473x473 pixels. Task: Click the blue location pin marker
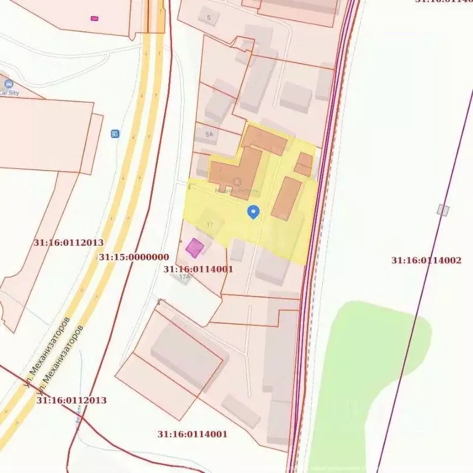coord(253,212)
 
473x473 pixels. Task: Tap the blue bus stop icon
coord(115,134)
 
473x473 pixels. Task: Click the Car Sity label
coord(10,92)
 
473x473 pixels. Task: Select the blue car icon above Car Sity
coord(8,84)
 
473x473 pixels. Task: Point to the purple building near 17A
coord(195,248)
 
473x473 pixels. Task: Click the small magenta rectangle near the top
coord(94,18)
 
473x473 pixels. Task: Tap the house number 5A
coord(209,134)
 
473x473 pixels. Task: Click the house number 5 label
coord(209,17)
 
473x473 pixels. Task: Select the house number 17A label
coord(184,277)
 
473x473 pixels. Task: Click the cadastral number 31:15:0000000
coord(133,257)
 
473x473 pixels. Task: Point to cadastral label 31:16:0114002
coord(426,261)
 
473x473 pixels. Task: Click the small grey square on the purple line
coord(443,210)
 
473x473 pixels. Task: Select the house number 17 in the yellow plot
coord(211,225)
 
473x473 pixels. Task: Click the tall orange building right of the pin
coord(286,198)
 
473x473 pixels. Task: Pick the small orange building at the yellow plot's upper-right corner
coord(304,164)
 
